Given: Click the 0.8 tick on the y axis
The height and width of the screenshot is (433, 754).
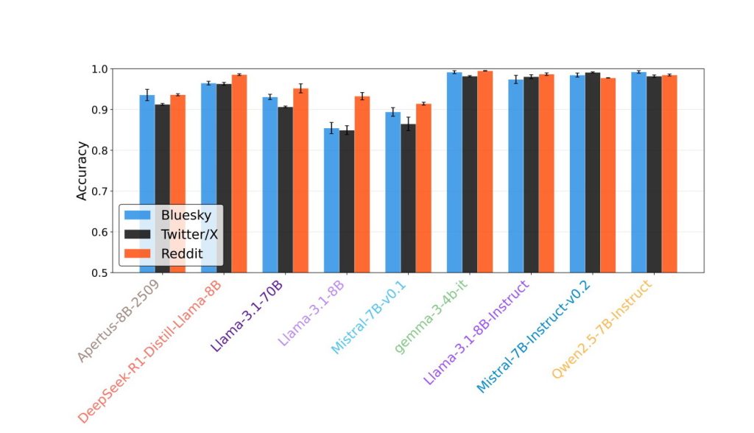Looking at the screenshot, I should point(100,150).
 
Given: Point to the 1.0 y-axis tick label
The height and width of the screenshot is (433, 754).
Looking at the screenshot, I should point(100,69).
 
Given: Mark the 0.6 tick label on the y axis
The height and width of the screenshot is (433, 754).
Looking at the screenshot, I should point(100,232).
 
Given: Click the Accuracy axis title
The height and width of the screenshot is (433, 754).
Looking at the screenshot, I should point(82,171).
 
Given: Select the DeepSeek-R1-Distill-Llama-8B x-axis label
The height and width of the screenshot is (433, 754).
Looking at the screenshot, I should point(151,350).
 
